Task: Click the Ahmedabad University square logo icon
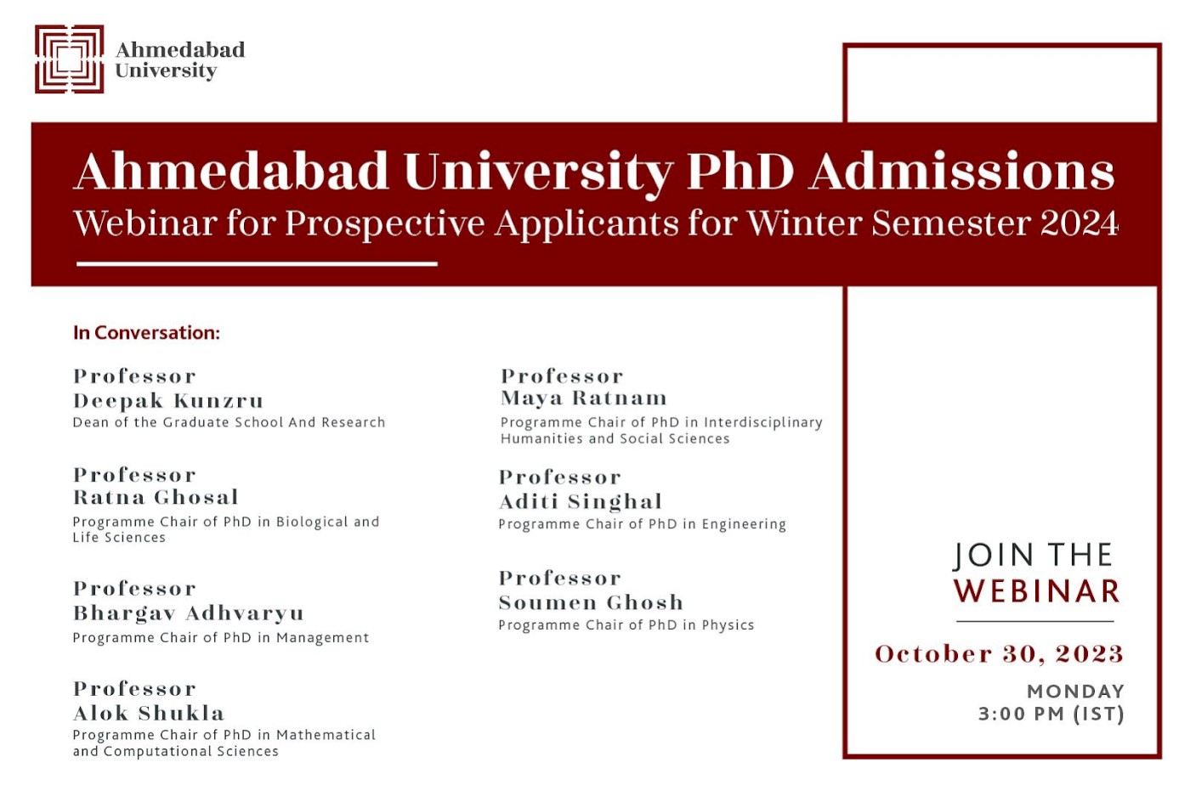click(69, 59)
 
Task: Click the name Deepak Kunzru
click(168, 401)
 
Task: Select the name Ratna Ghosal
click(156, 498)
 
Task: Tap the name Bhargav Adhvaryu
click(188, 613)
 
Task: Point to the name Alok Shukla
click(149, 714)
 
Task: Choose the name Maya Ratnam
click(584, 398)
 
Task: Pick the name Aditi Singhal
click(581, 502)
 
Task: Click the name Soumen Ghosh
click(591, 602)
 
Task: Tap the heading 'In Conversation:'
click(146, 333)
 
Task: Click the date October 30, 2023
click(999, 654)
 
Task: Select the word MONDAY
click(1075, 692)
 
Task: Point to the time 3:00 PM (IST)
click(1051, 714)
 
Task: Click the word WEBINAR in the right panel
click(1037, 591)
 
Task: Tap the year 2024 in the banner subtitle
click(1079, 223)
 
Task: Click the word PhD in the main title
click(739, 172)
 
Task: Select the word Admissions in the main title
click(961, 172)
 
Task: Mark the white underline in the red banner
click(257, 264)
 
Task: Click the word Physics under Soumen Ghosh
click(728, 625)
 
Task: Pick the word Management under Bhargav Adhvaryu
click(322, 638)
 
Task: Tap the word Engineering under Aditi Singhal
click(744, 525)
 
